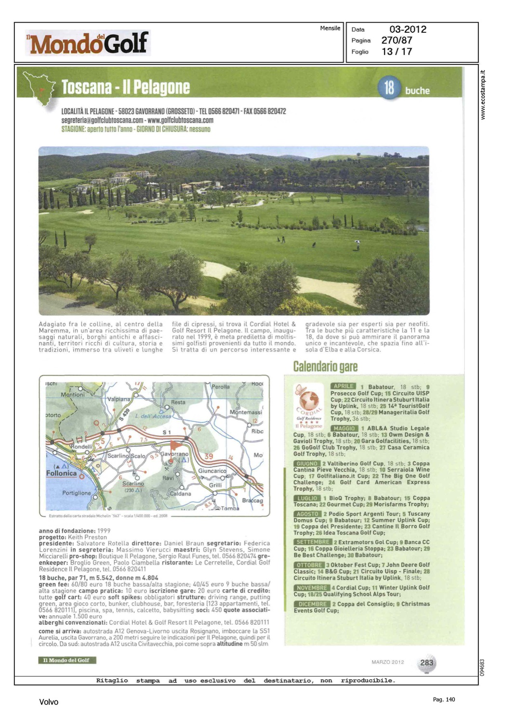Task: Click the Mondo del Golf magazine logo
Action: pyautogui.click(x=88, y=43)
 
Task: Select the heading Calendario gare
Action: pyautogui.click(x=325, y=367)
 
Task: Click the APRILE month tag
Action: pyautogui.click(x=343, y=386)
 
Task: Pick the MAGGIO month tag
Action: pyautogui.click(x=344, y=428)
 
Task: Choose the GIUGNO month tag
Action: pyautogui.click(x=307, y=464)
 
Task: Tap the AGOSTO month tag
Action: pyautogui.click(x=307, y=514)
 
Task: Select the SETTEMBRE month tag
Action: pyautogui.click(x=313, y=542)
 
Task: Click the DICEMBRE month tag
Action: pyautogui.click(x=312, y=604)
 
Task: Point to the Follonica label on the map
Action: pyautogui.click(x=61, y=473)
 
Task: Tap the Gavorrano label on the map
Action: pyautogui.click(x=174, y=454)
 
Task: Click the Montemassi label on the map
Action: pyautogui.click(x=246, y=412)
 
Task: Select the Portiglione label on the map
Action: pyautogui.click(x=76, y=493)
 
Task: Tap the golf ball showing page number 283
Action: pyautogui.click(x=426, y=663)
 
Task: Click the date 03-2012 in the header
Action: pyautogui.click(x=408, y=29)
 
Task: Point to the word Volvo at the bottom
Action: pyautogui.click(x=49, y=702)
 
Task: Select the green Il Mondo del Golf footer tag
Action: pyautogui.click(x=67, y=660)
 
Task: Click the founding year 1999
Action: pyautogui.click(x=104, y=530)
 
